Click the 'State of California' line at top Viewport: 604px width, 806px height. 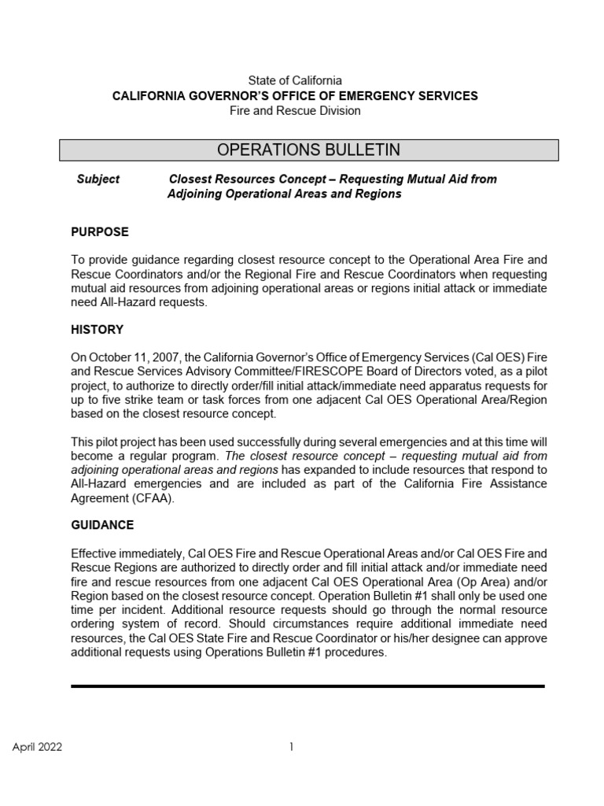[295, 80]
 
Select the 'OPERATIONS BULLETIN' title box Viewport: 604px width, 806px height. [309, 150]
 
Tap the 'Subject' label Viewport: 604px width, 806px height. [98, 179]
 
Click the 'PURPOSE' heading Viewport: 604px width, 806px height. [100, 232]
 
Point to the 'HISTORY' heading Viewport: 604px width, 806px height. [97, 330]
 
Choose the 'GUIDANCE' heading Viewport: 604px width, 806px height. [102, 524]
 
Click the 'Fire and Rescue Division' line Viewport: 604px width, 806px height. [295, 111]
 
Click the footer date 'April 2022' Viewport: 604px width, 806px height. [37, 747]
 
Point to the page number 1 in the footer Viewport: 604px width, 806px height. [291, 747]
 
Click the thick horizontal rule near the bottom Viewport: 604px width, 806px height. [308, 686]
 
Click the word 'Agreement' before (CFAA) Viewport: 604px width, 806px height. [96, 498]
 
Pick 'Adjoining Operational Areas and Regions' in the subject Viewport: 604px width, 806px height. [284, 194]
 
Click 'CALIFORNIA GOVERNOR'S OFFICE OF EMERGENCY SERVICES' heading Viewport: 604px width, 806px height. [295, 95]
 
